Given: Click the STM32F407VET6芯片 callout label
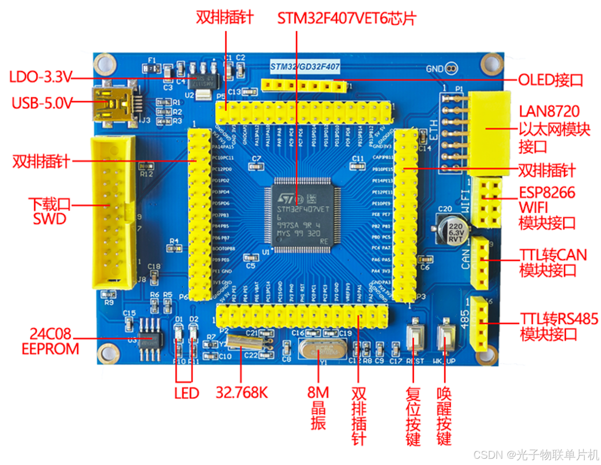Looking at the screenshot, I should (x=346, y=19).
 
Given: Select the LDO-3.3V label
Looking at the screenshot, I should (x=41, y=77).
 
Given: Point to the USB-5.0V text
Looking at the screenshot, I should (x=42, y=103).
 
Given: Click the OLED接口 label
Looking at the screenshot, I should (x=550, y=80).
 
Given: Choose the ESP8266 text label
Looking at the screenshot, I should (x=547, y=192).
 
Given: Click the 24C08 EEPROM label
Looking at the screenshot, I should (x=50, y=341).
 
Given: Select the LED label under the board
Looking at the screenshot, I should (x=186, y=394).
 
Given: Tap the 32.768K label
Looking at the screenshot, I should (x=242, y=393).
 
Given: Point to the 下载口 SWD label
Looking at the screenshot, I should (x=50, y=212).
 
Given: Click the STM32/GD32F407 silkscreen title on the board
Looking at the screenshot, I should (x=305, y=67).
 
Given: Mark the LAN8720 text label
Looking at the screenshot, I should (x=549, y=111).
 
